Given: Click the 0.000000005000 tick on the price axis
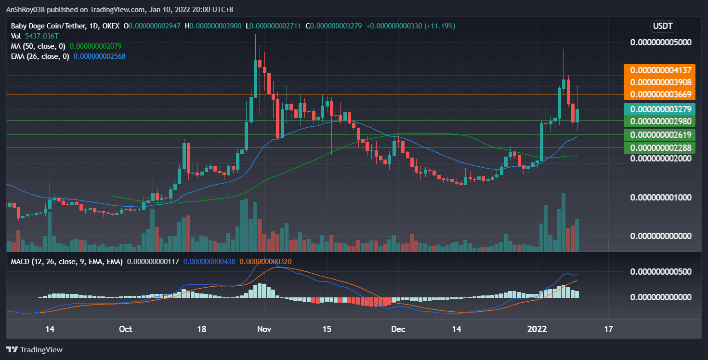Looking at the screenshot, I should point(660,42).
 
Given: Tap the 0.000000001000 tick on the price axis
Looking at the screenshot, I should point(660,197).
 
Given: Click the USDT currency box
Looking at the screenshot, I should point(663,26).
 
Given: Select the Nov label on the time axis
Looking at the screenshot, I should point(264,329).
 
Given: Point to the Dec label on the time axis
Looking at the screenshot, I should point(398,329).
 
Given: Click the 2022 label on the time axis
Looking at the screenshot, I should point(537,329).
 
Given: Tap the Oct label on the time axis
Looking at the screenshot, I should point(125,329).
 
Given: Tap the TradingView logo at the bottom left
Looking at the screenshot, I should point(34,349).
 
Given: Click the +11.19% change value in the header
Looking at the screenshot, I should point(440,26).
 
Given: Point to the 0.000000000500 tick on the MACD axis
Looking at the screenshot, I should point(660,271).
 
